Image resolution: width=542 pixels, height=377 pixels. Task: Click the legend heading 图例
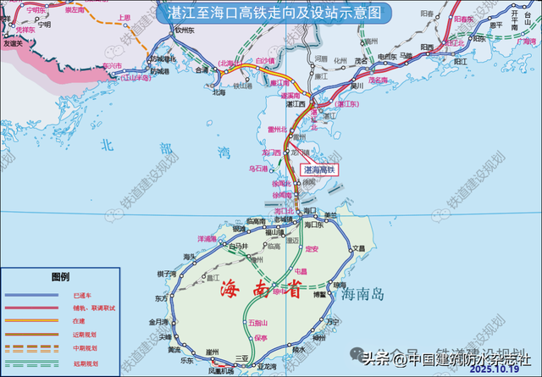click(x=60, y=276)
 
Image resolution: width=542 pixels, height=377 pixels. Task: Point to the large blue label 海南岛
click(x=365, y=293)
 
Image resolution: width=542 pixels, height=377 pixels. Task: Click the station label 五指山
click(x=258, y=323)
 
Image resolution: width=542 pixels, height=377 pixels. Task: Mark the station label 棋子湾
click(x=165, y=273)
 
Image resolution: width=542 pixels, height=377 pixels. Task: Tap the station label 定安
click(x=312, y=248)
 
